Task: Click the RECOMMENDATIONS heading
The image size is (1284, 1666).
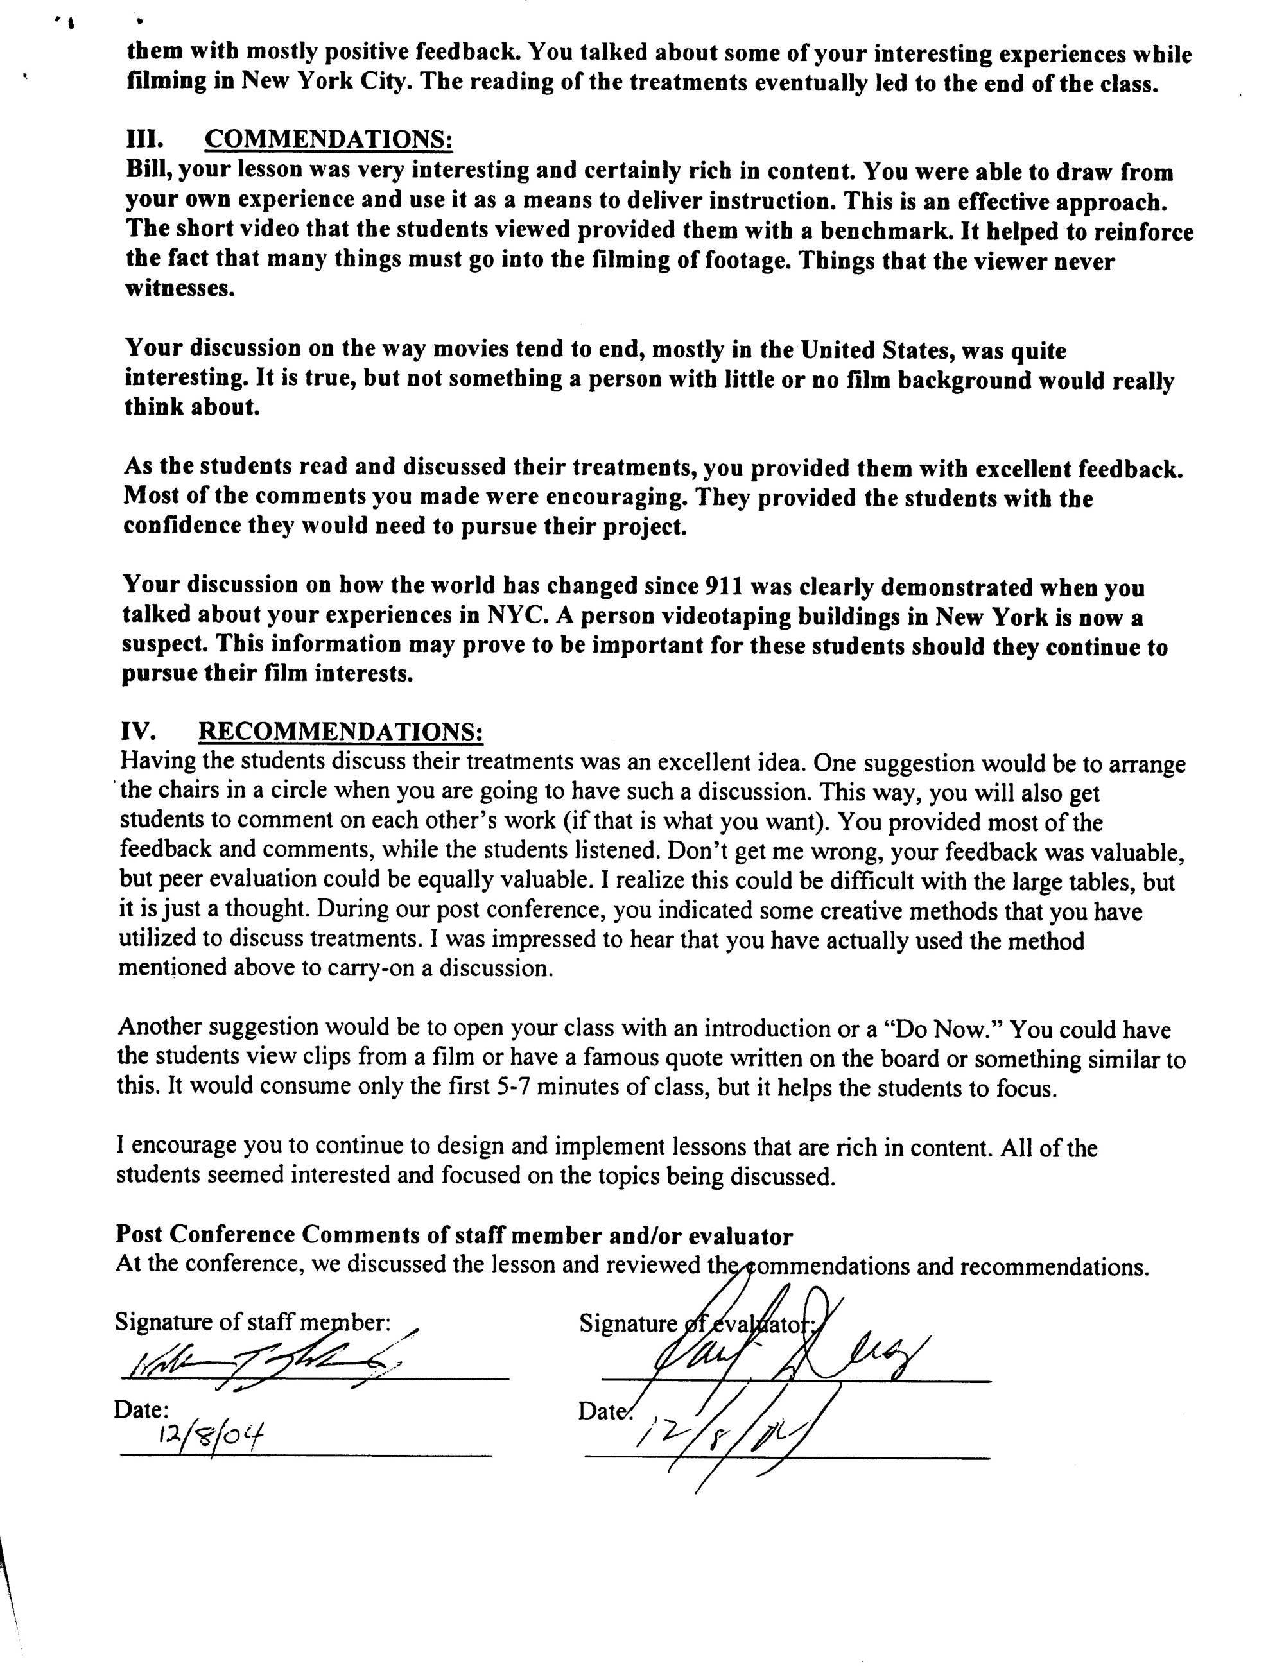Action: tap(340, 731)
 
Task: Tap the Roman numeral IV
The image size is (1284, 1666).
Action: tap(139, 731)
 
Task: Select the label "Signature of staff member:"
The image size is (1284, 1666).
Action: tap(252, 1321)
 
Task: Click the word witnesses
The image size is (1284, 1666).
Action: tap(179, 289)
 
